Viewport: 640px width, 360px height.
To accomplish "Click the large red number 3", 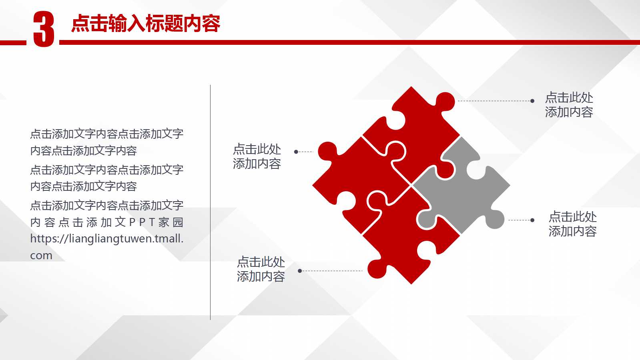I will pyautogui.click(x=43, y=29).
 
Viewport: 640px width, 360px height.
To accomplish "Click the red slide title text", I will pyautogui.click(x=146, y=24).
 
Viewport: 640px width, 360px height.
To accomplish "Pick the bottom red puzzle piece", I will pyautogui.click(x=404, y=240).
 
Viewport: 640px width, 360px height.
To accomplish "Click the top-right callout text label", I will pyautogui.click(x=569, y=105).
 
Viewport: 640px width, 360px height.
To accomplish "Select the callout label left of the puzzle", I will pyautogui.click(x=257, y=156).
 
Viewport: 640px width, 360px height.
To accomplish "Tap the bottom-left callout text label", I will pyautogui.click(x=261, y=269).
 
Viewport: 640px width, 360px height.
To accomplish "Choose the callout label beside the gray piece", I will pyautogui.click(x=572, y=224).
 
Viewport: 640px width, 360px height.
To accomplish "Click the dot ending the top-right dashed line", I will pyautogui.click(x=532, y=101).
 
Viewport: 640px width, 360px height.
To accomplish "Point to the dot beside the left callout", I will pyautogui.click(x=296, y=152).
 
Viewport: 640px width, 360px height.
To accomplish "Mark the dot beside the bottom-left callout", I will pyautogui.click(x=300, y=271).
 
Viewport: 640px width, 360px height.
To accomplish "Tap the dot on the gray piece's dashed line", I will pyautogui.click(x=532, y=220).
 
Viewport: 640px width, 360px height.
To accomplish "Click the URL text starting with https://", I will pyautogui.click(x=107, y=239).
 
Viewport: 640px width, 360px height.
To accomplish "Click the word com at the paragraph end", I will pyautogui.click(x=41, y=256).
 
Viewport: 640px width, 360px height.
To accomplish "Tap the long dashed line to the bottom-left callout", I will pyautogui.click(x=332, y=271).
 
